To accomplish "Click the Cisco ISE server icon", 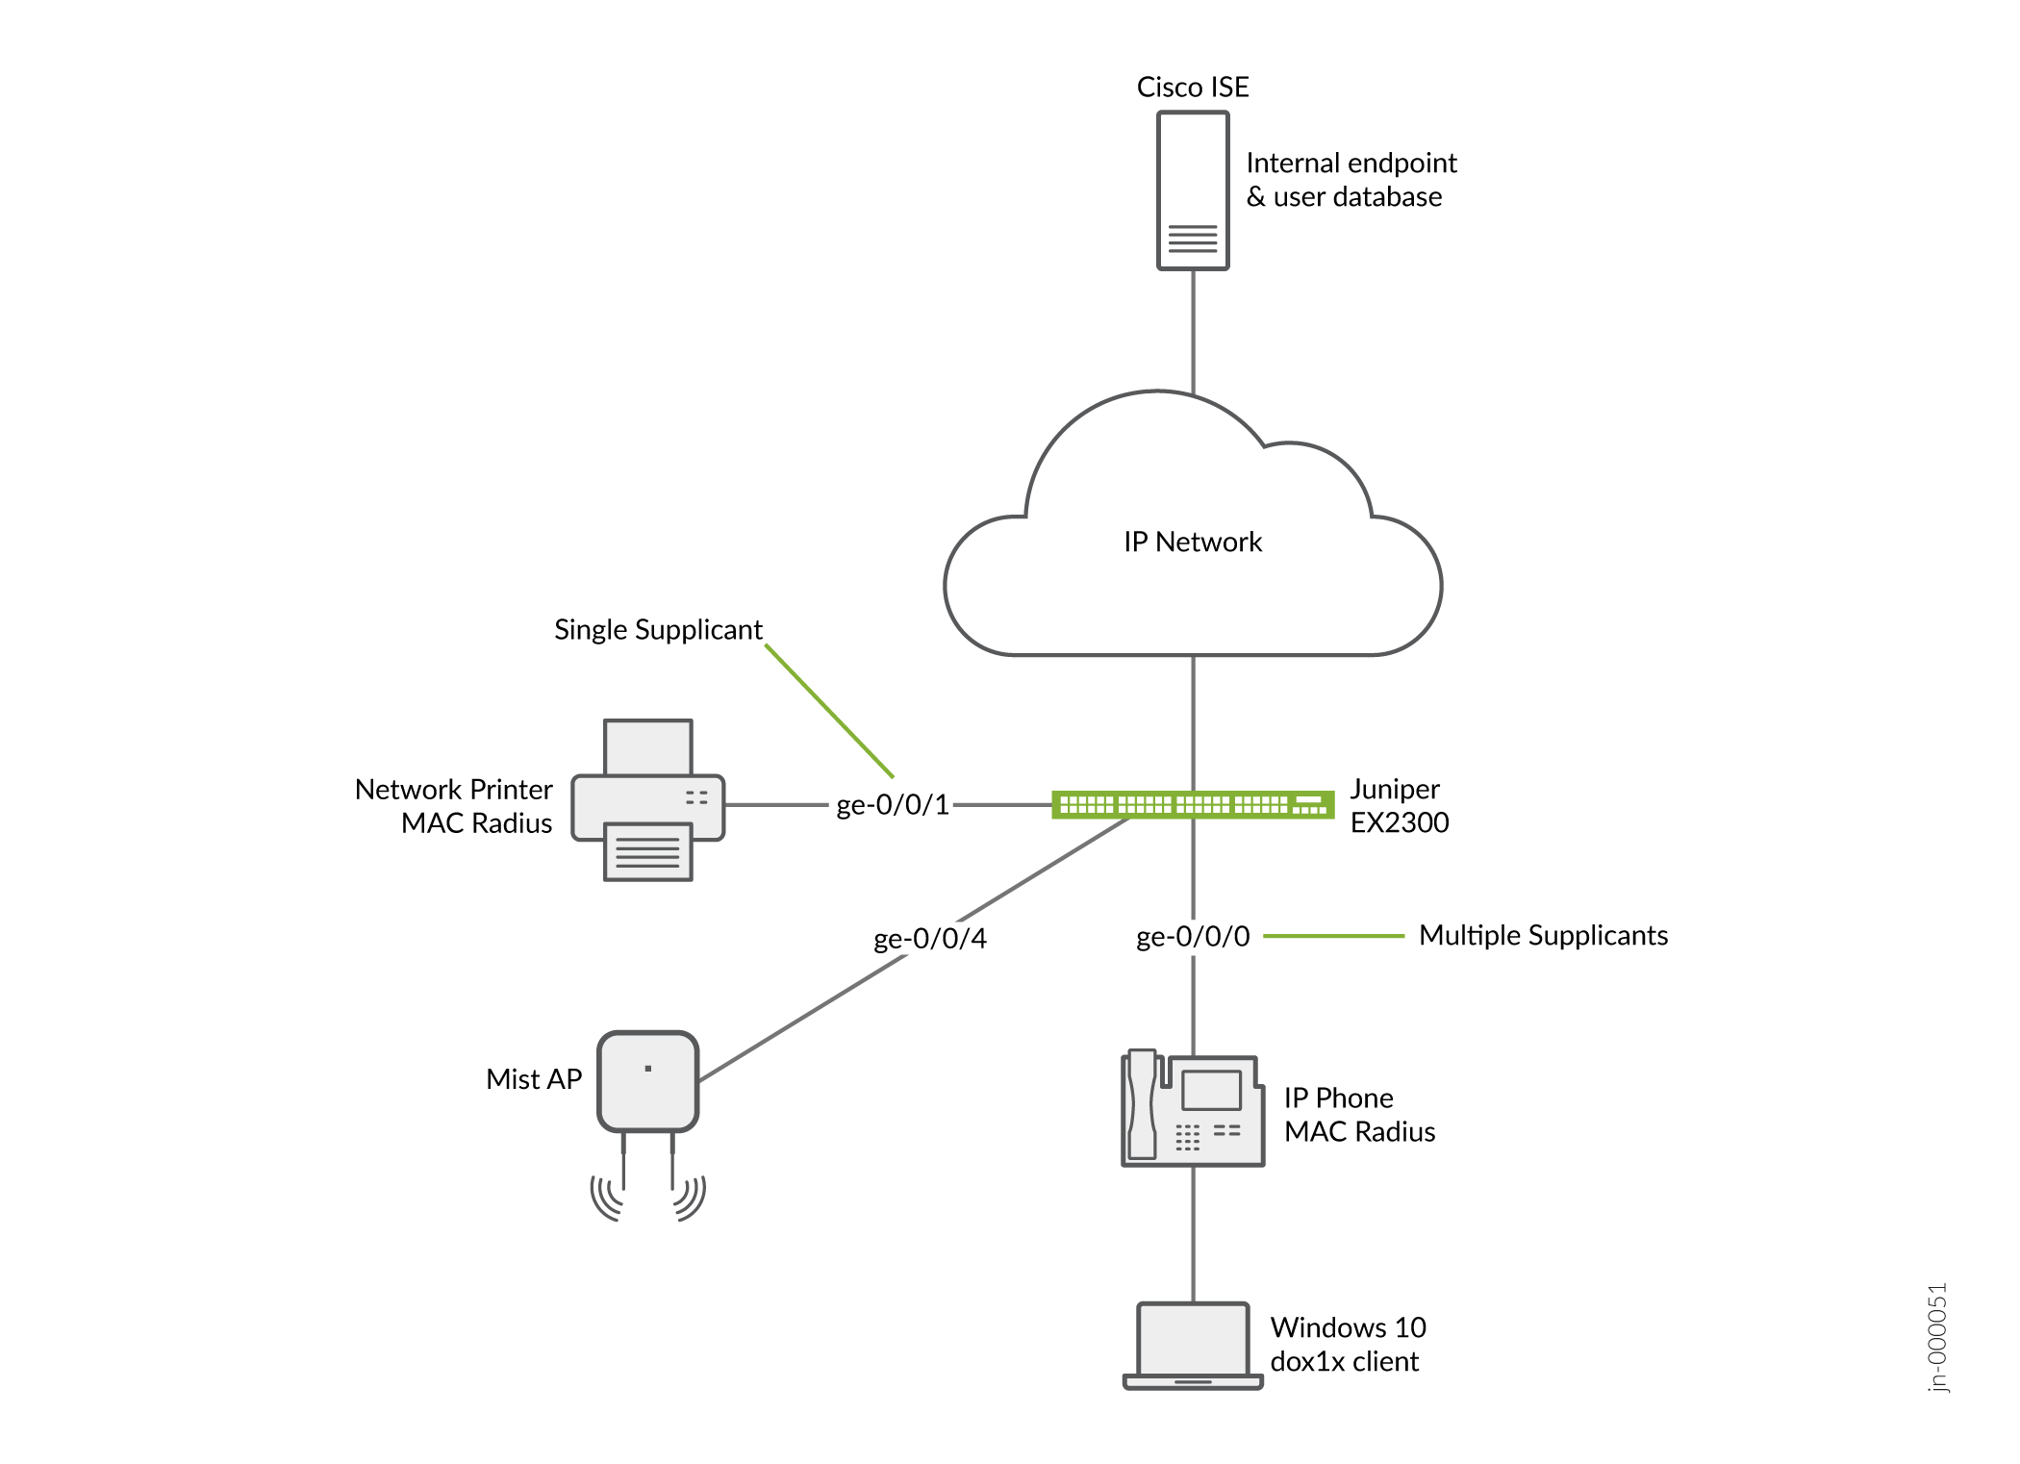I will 1193,190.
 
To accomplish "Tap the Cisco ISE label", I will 1193,88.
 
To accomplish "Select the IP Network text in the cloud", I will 1193,543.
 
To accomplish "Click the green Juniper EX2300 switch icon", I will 1193,804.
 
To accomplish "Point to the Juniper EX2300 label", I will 1399,806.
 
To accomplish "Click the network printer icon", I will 647,800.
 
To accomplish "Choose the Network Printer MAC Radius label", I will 454,806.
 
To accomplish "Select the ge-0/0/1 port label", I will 893,805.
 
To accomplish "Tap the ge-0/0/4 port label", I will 930,939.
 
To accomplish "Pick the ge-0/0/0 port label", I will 1193,937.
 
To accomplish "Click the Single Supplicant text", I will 658,630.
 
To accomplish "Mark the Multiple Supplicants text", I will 1543,936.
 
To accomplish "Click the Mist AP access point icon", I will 647,1082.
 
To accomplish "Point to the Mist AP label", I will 534,1079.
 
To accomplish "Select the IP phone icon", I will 1193,1108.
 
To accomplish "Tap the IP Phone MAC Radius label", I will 1359,1115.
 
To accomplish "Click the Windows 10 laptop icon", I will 1193,1346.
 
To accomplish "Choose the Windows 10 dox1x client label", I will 1348,1345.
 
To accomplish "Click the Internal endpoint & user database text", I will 1351,180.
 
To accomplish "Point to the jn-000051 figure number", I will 1937,1337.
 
